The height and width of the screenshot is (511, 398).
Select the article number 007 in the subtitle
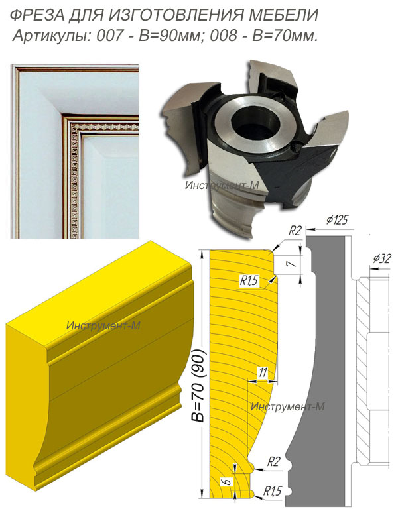(109, 36)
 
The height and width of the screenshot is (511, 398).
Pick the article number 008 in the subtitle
(223, 36)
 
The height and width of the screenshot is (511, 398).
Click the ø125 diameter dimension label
(337, 220)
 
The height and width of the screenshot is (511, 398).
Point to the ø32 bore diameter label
(381, 258)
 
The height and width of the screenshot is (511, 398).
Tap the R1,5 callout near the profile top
(249, 280)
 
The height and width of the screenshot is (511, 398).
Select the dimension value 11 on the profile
(263, 372)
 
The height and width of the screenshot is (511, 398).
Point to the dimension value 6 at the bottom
(228, 481)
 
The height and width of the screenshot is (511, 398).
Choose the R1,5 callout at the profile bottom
(272, 491)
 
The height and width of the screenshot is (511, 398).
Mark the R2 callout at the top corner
(295, 231)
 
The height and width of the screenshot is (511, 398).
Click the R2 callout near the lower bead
(274, 461)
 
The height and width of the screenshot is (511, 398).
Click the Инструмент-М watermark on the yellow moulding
(103, 325)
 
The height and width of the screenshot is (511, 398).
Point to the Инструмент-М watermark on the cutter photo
(222, 185)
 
